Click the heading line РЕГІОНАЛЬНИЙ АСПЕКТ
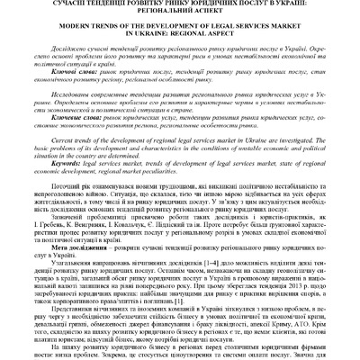(x=180, y=14)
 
